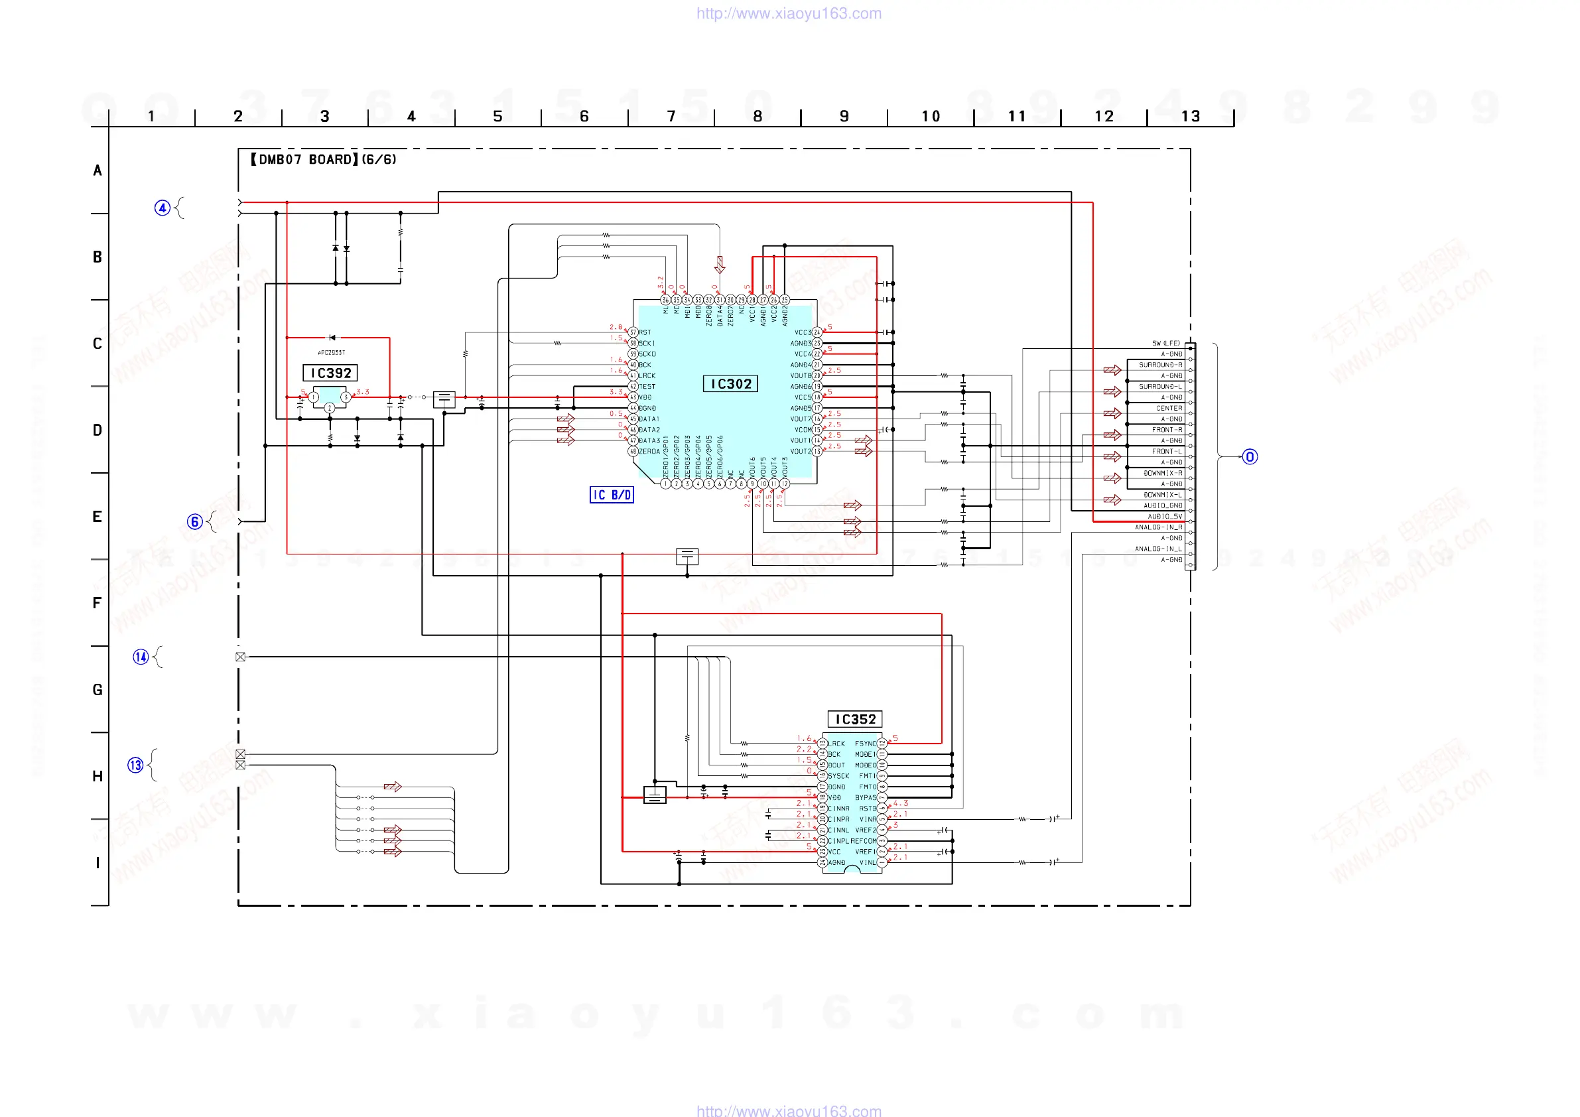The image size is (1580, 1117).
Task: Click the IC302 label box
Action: coord(730,384)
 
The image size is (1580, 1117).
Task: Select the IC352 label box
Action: coord(855,719)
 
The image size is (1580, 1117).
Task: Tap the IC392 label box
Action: coord(330,373)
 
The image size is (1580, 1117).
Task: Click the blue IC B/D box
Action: coord(612,495)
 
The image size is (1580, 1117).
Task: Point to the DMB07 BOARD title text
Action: coord(324,160)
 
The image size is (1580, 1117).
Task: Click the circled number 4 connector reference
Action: coord(163,208)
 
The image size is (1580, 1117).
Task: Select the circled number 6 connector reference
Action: coord(195,521)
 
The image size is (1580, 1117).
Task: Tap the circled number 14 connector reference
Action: coord(141,657)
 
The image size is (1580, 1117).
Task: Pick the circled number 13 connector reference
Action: coord(135,765)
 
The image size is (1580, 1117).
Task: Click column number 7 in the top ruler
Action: coord(671,116)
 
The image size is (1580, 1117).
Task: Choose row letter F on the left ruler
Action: coord(97,603)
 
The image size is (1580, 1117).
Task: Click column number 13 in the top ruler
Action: coord(1191,116)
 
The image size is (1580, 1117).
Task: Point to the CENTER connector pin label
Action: coord(1169,408)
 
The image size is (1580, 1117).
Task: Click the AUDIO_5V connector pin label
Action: coord(1164,516)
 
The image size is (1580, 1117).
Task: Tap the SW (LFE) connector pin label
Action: coord(1165,344)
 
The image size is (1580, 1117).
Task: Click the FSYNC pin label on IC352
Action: coord(866,744)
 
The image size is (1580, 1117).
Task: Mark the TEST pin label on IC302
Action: coord(647,387)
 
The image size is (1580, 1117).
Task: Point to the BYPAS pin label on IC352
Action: coord(866,798)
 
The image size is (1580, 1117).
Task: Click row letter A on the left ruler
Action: coord(97,170)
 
